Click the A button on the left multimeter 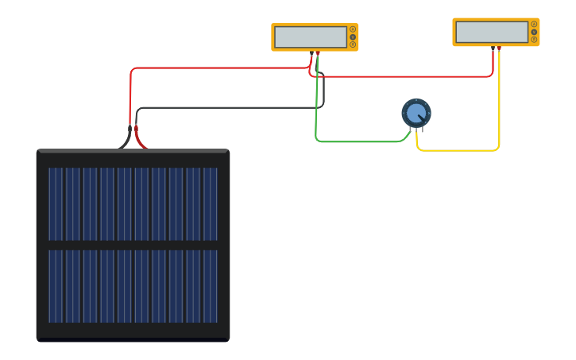[x=353, y=29]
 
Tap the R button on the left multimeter [x=353, y=45]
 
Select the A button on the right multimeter [x=534, y=25]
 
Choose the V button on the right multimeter [x=534, y=32]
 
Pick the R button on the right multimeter [x=534, y=40]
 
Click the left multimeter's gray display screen [x=311, y=37]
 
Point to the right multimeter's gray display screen [x=492, y=32]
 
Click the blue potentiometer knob [x=416, y=113]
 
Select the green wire [x=358, y=141]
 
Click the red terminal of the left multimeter [x=318, y=53]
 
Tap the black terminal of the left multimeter [x=311, y=53]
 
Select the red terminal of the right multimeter [x=499, y=48]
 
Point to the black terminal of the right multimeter [x=493, y=48]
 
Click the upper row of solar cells [x=133, y=203]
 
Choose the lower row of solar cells [x=133, y=286]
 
